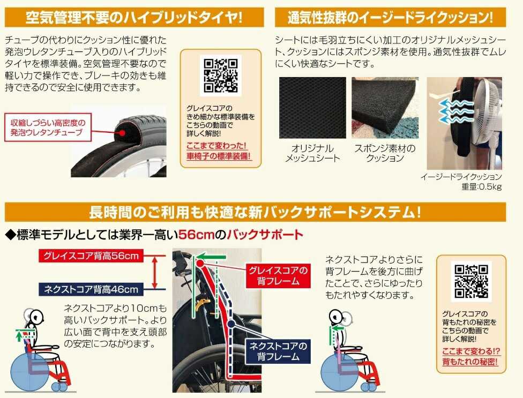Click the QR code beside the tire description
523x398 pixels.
(x=220, y=76)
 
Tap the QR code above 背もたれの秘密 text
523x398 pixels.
(x=472, y=281)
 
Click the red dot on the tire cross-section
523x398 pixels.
(x=122, y=133)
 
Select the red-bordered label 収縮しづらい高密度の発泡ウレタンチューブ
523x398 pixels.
(x=48, y=127)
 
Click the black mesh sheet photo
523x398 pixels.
(x=312, y=108)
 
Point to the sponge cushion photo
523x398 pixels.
(x=385, y=108)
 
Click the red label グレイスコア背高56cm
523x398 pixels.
(x=91, y=256)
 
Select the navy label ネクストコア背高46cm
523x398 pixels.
(x=91, y=289)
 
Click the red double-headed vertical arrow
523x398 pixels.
(x=154, y=272)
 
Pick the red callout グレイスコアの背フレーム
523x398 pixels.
(x=278, y=276)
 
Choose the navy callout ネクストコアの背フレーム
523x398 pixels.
(x=278, y=351)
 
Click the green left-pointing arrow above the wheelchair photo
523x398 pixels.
(x=211, y=257)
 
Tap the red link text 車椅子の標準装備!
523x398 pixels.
(x=219, y=156)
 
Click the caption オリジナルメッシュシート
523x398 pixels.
(x=312, y=153)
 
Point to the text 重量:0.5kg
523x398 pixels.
(x=481, y=186)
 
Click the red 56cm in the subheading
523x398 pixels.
(x=196, y=235)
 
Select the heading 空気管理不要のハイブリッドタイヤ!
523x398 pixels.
(x=134, y=17)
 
